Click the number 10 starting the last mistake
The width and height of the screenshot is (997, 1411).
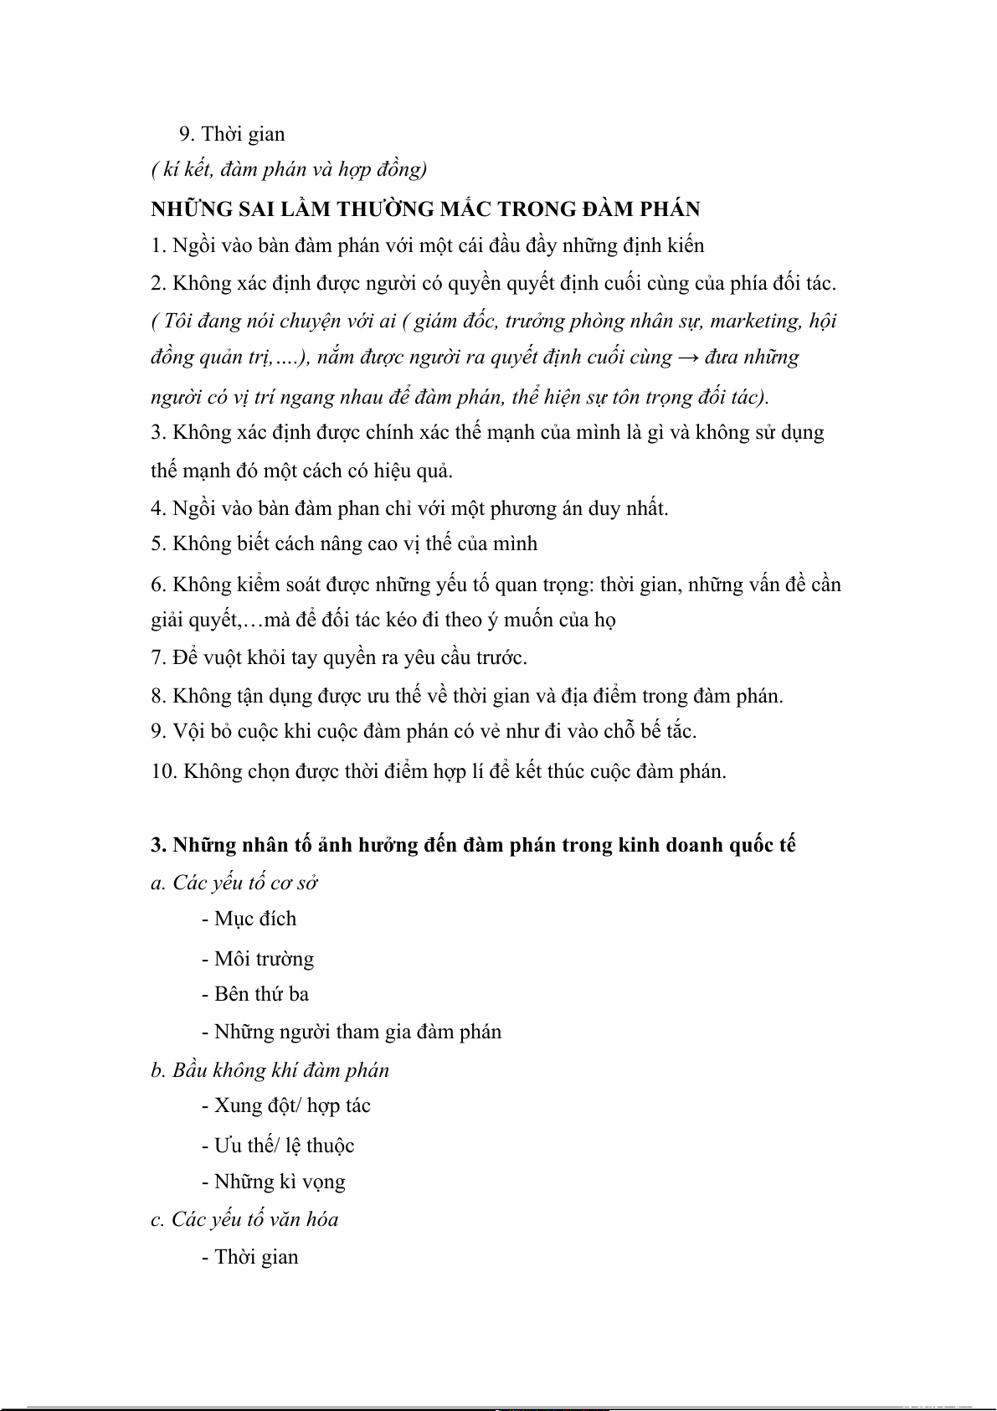pyautogui.click(x=163, y=771)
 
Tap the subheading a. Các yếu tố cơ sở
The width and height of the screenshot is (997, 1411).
pyautogui.click(x=234, y=883)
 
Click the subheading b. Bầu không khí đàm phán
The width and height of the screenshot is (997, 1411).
pyautogui.click(x=270, y=1070)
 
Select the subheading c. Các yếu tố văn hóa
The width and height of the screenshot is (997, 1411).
pyautogui.click(x=244, y=1219)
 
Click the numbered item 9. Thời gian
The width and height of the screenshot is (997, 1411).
pyautogui.click(x=232, y=134)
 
